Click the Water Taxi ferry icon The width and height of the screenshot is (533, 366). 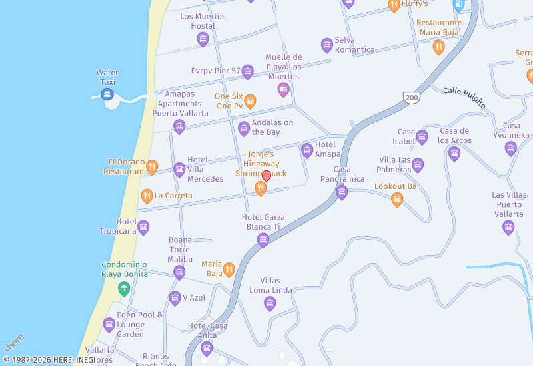107,94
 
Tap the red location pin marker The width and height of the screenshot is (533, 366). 266,176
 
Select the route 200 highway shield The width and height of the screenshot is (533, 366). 410,97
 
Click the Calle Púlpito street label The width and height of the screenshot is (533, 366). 464,96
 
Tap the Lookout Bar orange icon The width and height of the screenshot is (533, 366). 397,199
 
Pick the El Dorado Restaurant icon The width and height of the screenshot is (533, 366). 152,166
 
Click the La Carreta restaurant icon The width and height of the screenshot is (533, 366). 147,196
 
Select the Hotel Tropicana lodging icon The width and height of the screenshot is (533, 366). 143,228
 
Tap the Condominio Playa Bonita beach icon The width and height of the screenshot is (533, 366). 124,289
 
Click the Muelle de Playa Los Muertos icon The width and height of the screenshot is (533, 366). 284,89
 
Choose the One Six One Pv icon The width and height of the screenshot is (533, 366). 250,101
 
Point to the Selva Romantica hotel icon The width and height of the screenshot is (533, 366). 327,45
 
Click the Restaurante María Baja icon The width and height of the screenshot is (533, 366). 438,47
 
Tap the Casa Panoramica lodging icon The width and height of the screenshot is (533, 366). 342,192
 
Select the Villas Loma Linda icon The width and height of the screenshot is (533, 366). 270,304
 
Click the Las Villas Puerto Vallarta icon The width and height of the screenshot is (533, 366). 508,228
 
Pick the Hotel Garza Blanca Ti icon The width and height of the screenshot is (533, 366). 263,240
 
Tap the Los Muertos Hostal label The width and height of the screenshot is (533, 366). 203,21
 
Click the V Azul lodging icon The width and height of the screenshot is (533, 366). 175,298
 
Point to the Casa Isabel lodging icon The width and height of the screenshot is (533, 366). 422,138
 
